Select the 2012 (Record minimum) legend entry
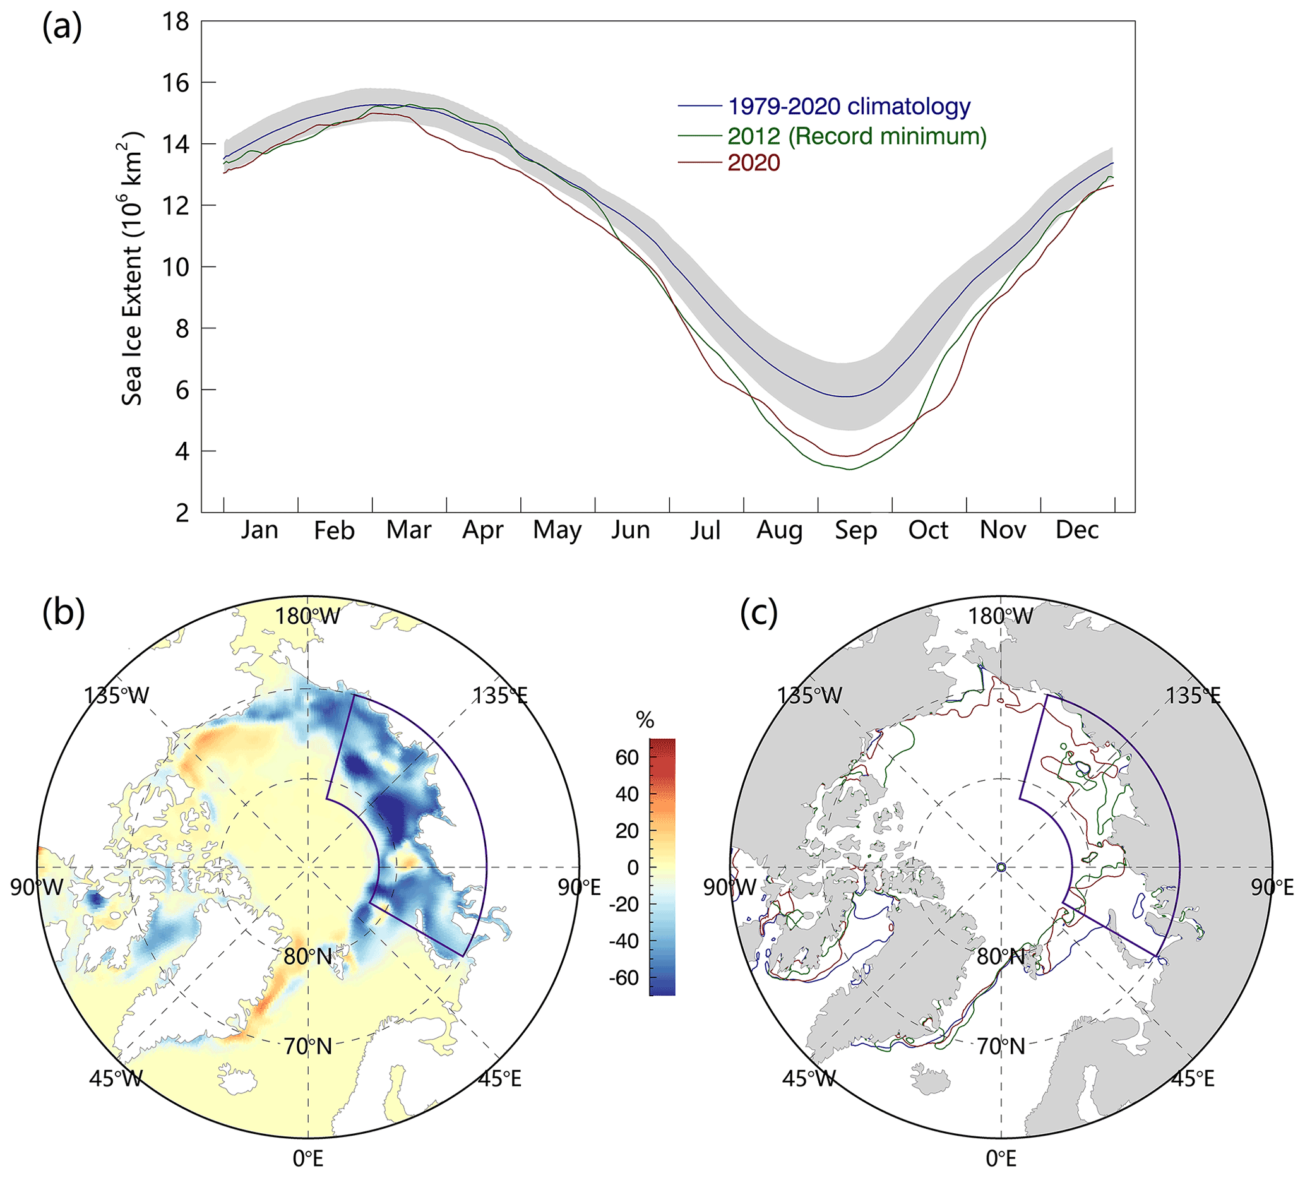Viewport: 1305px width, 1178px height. (857, 136)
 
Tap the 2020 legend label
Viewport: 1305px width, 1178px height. (753, 162)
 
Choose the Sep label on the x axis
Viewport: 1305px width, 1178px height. (855, 530)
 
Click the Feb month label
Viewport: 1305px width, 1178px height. (334, 530)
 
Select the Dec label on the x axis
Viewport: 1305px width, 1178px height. (1077, 530)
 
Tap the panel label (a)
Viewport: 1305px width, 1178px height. (61, 28)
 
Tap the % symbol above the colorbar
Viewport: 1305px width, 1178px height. (645, 720)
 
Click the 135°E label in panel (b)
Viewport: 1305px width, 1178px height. (499, 696)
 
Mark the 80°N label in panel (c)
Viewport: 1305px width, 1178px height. (1001, 956)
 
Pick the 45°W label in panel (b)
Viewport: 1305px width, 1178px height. (116, 1079)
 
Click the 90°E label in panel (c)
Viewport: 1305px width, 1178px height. (1272, 888)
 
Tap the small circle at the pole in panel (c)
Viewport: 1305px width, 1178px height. (1001, 867)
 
